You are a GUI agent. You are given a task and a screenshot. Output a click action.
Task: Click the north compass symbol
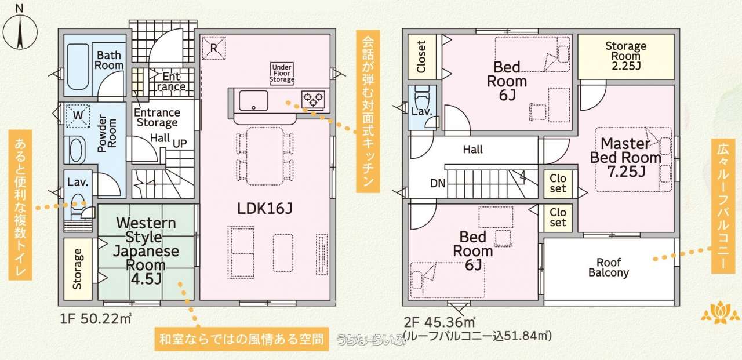click(x=20, y=30)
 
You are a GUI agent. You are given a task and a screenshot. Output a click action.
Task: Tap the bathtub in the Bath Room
click(x=78, y=67)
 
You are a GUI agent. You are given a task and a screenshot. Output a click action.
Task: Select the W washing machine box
click(x=78, y=115)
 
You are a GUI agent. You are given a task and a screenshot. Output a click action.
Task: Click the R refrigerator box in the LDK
click(x=214, y=48)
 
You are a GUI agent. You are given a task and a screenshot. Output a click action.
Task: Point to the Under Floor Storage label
click(x=282, y=73)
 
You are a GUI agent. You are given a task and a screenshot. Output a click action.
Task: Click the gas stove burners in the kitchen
click(x=313, y=99)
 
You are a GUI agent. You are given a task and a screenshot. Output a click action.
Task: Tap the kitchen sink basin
click(x=253, y=101)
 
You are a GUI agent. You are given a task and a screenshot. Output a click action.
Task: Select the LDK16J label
click(x=265, y=209)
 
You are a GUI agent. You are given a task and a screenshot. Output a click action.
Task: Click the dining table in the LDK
click(x=265, y=156)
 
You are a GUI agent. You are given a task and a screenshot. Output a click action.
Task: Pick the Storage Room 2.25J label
click(x=625, y=56)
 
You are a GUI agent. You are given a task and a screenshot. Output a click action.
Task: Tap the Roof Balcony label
click(x=609, y=268)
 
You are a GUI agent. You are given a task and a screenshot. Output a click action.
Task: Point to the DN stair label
click(x=438, y=183)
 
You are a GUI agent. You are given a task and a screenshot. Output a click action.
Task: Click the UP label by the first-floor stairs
click(x=180, y=143)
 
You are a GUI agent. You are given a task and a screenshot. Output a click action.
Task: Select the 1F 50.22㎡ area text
click(x=96, y=319)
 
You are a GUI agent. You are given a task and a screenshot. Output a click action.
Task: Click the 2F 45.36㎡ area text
click(x=439, y=322)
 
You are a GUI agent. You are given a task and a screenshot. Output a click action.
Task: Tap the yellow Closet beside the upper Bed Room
click(x=421, y=57)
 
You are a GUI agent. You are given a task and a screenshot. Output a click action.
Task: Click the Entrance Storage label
click(x=157, y=118)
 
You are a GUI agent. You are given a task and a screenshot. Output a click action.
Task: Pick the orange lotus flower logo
click(x=721, y=312)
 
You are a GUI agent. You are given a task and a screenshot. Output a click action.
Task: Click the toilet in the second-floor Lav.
click(x=422, y=97)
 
